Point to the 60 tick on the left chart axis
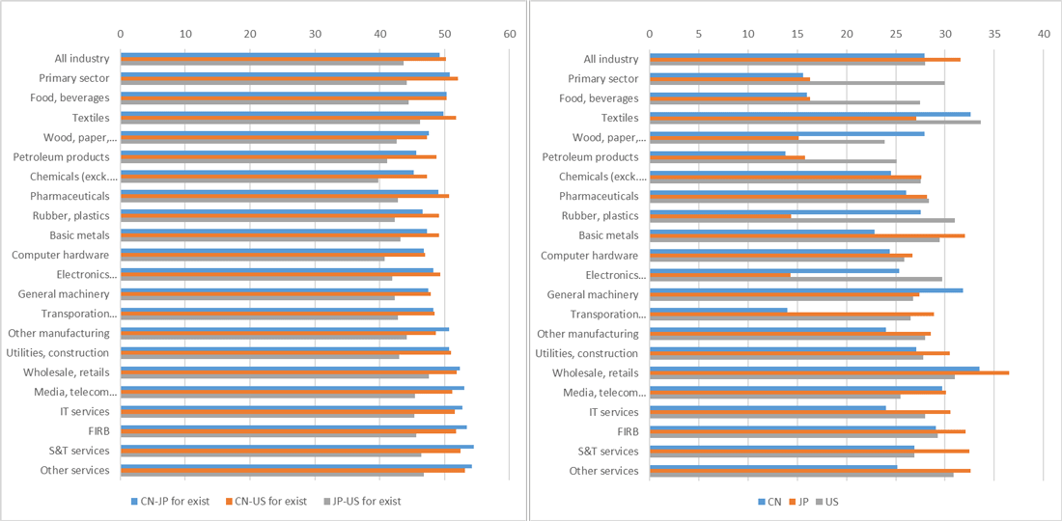click(x=510, y=33)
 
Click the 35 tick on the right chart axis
click(x=993, y=33)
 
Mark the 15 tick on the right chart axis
click(x=797, y=33)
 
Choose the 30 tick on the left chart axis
click(x=315, y=33)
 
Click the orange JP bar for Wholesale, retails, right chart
click(x=829, y=372)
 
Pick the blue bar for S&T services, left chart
click(x=296, y=447)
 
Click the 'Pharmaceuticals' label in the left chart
click(x=70, y=196)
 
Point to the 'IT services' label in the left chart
click(x=86, y=412)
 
